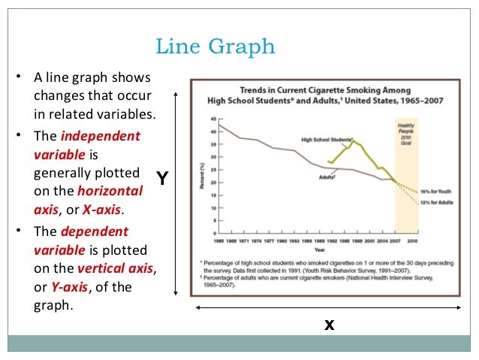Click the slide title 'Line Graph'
point(215,47)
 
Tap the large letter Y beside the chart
point(162,179)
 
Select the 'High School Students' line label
point(327,139)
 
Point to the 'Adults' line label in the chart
point(327,177)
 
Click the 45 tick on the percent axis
point(213,119)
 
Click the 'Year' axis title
point(320,248)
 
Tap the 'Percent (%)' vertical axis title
point(203,177)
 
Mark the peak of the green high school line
point(354,141)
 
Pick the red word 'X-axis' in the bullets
point(104,209)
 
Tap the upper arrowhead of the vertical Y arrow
point(176,92)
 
